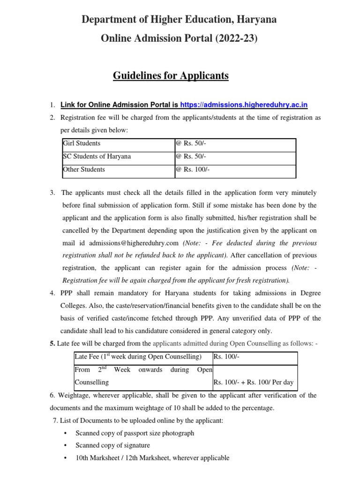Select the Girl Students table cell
tap(82, 143)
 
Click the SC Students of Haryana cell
tap(97, 157)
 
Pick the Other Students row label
tap(83, 170)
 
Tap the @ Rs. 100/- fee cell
tap(193, 170)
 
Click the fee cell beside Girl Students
tap(191, 143)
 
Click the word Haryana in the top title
tap(257, 20)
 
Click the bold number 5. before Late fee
tap(52, 344)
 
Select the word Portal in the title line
tap(185, 40)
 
